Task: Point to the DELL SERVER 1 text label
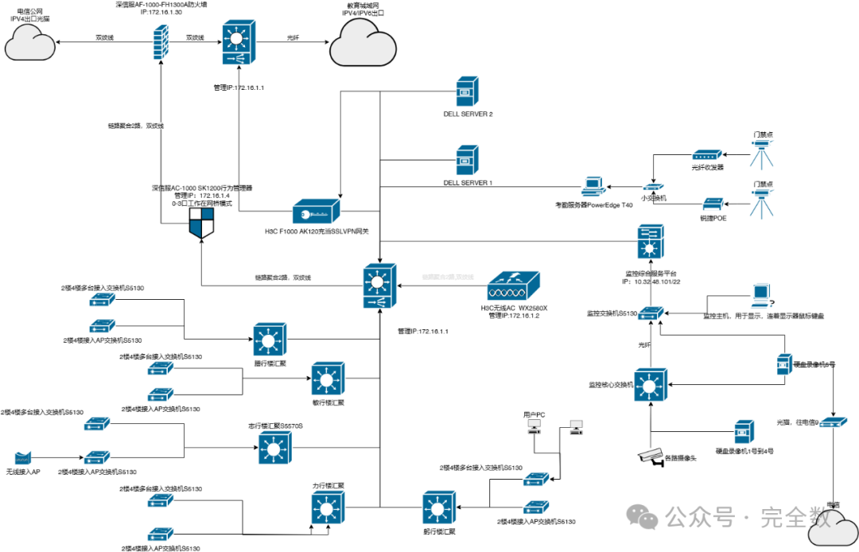point(468,183)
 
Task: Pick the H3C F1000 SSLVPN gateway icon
point(317,213)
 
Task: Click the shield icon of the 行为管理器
point(202,226)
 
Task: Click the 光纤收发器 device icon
point(706,156)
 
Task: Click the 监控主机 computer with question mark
point(760,296)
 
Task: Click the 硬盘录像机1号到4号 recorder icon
point(744,433)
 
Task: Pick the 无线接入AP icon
point(24,458)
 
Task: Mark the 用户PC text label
point(534,414)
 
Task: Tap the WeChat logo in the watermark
point(647,518)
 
